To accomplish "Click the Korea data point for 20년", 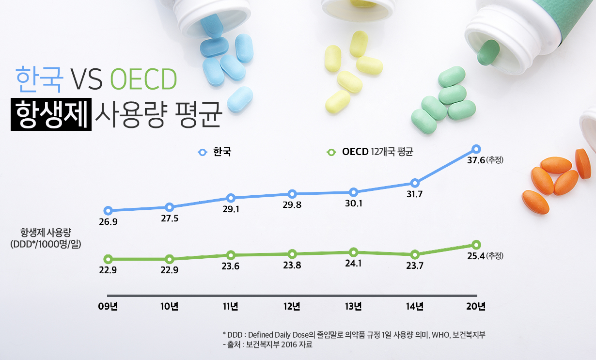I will tap(476, 149).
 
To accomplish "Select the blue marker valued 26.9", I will tap(108, 211).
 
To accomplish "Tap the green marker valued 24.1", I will tap(353, 252).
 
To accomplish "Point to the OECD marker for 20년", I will tap(476, 245).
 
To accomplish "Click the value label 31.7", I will tap(415, 195).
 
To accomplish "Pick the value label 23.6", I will tap(231, 266).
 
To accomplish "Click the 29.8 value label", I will tap(292, 204).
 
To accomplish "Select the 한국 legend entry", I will tap(216, 152).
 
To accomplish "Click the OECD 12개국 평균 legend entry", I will tap(371, 152).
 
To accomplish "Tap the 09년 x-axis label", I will tap(108, 306).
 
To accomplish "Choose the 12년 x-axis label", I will tap(292, 306).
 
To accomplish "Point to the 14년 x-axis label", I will tap(415, 306).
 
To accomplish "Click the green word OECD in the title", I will tap(142, 80).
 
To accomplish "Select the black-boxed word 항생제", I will tap(51, 115).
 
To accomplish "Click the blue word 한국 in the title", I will tap(39, 80).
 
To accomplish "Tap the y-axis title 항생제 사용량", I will tap(46, 231).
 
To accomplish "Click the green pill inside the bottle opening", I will tap(488, 52).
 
